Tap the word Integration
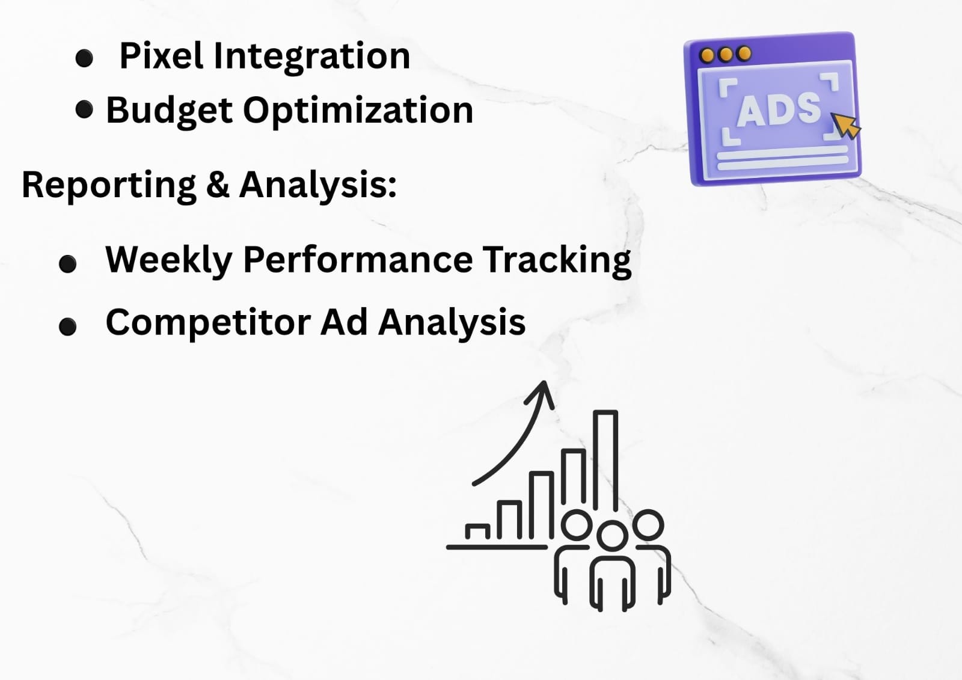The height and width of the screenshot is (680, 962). [311, 57]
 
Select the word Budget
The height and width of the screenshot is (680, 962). [169, 111]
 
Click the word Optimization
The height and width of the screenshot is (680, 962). [358, 111]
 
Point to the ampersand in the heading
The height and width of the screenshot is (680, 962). [218, 185]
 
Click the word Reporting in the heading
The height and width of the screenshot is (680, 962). [109, 186]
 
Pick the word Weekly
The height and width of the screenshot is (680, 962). [168, 260]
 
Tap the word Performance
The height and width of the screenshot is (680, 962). [358, 260]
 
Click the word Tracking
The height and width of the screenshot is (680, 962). [557, 260]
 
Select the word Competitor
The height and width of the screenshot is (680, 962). [208, 323]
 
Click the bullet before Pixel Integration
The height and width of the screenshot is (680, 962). [84, 58]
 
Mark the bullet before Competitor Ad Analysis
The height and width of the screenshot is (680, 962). [67, 326]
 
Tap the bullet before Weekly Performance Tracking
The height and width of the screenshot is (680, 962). [67, 264]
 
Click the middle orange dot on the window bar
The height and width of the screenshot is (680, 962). [725, 55]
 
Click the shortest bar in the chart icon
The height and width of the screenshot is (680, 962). [477, 531]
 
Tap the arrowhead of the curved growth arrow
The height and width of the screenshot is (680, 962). [542, 392]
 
